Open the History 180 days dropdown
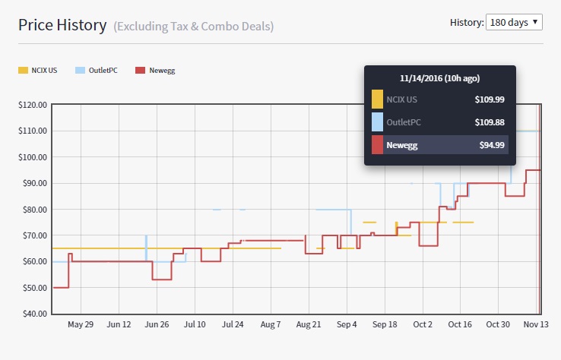pos(514,22)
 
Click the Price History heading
pos(62,25)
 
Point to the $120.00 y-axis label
pos(33,105)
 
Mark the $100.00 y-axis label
pos(33,157)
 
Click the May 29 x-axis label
pos(81,324)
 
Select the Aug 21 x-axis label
pos(309,324)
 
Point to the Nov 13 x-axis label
pos(536,324)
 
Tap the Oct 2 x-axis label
pos(423,324)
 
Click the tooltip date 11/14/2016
pos(440,78)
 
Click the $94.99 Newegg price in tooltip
pos(490,145)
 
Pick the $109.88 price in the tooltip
pos(490,122)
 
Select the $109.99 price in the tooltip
pos(490,99)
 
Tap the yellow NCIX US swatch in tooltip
pos(377,99)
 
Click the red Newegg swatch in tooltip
pos(377,145)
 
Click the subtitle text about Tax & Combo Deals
pos(194,27)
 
